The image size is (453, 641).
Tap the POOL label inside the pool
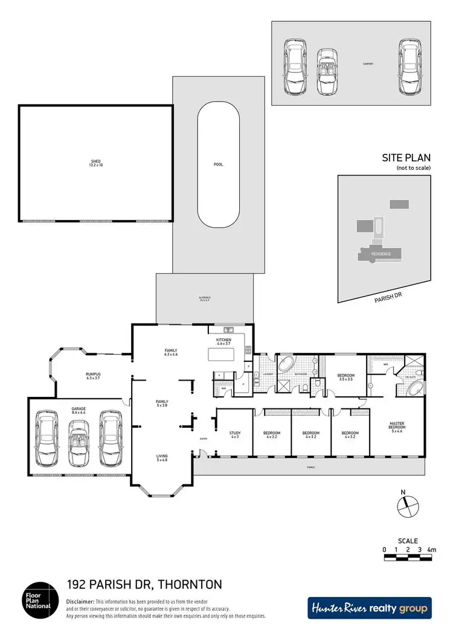218,164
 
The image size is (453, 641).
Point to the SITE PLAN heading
405,157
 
